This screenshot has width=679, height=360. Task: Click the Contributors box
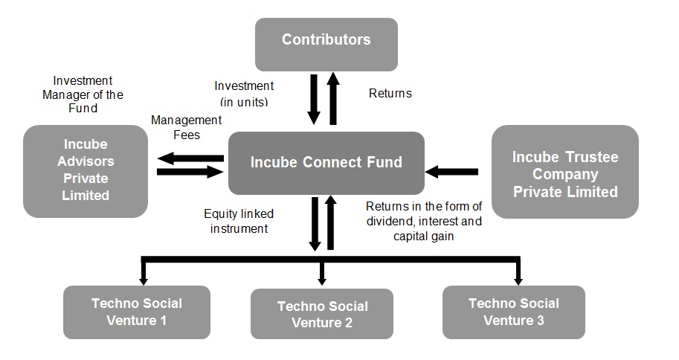tap(326, 44)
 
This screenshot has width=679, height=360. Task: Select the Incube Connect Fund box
tap(326, 163)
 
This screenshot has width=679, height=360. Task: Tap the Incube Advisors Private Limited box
tap(86, 171)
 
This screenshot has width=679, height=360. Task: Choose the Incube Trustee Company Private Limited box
tap(564, 172)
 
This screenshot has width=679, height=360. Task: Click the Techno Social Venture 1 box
tap(136, 312)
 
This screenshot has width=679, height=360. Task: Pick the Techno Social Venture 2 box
tap(322, 315)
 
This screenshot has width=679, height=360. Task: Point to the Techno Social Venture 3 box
tap(513, 312)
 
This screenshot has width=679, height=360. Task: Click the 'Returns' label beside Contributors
tap(390, 94)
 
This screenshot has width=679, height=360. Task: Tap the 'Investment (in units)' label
tap(244, 93)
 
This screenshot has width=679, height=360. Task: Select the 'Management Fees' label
tap(186, 127)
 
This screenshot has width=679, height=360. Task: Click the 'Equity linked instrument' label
tap(239, 221)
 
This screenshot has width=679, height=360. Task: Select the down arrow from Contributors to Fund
tap(314, 97)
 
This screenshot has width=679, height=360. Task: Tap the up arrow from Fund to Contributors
tap(332, 97)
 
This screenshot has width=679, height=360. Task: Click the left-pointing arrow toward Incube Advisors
tap(190, 158)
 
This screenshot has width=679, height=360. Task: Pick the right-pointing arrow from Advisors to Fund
tap(190, 172)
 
